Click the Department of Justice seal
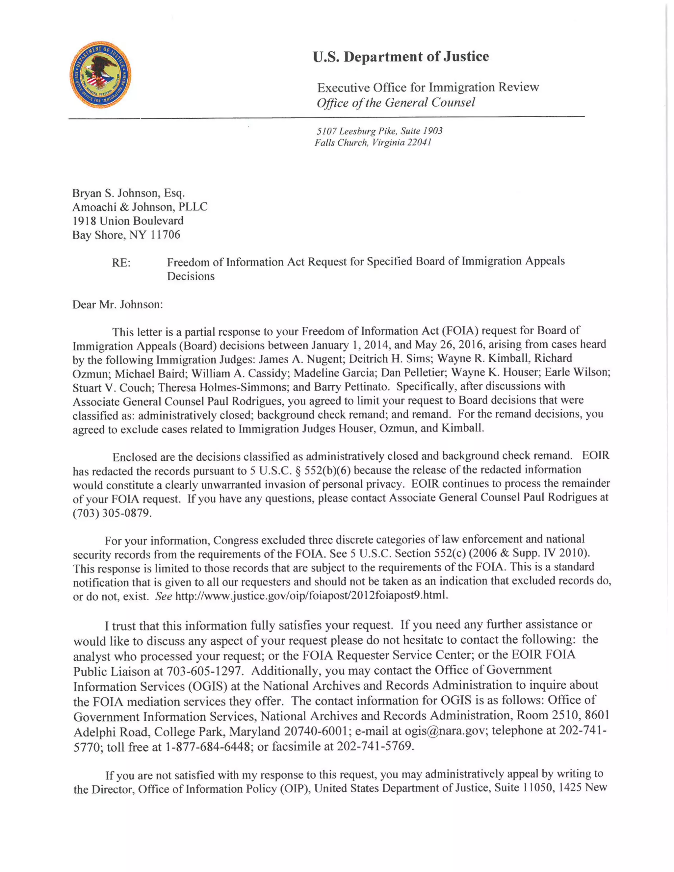pyautogui.click(x=100, y=74)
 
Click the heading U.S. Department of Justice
pyautogui.click(x=401, y=57)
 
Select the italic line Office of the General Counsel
pyautogui.click(x=396, y=103)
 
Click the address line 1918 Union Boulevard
pyautogui.click(x=128, y=221)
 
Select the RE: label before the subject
pyautogui.click(x=121, y=263)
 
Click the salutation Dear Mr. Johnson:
pyautogui.click(x=117, y=305)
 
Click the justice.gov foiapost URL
pyautogui.click(x=311, y=596)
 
